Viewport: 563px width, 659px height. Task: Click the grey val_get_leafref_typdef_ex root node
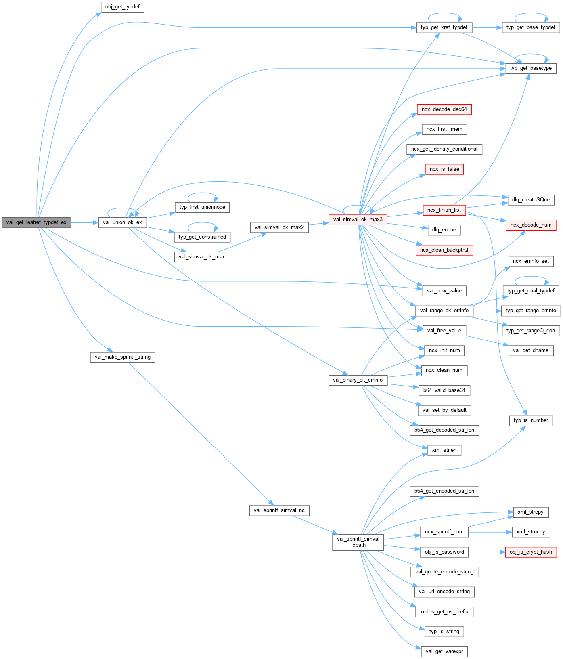[36, 222]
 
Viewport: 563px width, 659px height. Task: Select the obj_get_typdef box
[122, 7]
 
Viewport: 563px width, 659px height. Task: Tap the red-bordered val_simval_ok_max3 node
[358, 220]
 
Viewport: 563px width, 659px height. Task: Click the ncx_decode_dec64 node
[444, 109]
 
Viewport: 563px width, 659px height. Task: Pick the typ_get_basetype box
[531, 68]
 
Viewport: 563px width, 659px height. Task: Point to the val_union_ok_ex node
[122, 222]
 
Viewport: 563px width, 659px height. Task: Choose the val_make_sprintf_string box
[122, 357]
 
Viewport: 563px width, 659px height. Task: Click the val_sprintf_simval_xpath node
[358, 542]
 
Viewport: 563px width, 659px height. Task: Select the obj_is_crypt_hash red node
[531, 552]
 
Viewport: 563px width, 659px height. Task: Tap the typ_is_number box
[531, 420]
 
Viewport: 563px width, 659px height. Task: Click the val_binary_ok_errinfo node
[358, 380]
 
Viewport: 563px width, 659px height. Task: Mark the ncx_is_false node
[444, 169]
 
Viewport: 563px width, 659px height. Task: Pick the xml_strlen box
[444, 450]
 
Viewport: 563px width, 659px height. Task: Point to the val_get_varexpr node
[444, 651]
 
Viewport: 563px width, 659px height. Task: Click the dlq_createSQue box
[531, 200]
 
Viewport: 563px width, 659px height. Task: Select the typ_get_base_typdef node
[531, 27]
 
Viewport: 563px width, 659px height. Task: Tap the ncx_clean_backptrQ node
[444, 250]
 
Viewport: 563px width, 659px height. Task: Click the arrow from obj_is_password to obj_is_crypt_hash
[487, 552]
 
